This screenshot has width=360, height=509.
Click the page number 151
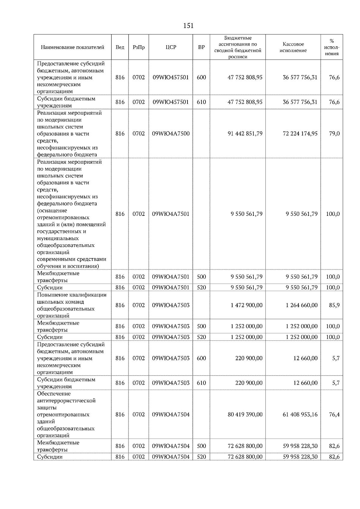(x=188, y=26)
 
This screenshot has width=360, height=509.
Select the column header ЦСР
(x=171, y=47)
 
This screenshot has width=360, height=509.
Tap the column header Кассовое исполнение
(x=293, y=47)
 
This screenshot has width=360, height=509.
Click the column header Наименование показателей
(x=73, y=47)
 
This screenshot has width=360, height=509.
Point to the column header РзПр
(x=139, y=47)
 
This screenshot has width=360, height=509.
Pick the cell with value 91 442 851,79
(x=245, y=134)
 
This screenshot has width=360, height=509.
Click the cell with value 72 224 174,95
(x=300, y=134)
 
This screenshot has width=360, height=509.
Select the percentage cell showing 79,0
(x=334, y=134)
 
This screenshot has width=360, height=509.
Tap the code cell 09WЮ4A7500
(x=171, y=134)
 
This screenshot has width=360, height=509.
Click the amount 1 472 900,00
(x=247, y=305)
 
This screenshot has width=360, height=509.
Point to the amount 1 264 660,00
(x=301, y=305)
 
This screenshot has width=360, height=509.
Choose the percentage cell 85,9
(x=334, y=305)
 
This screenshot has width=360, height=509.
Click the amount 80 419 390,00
(x=245, y=415)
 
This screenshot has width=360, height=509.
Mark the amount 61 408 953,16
(x=300, y=415)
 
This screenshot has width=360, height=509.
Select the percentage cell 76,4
(x=334, y=415)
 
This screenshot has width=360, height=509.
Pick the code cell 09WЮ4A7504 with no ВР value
(x=171, y=415)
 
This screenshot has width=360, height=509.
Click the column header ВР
(x=201, y=47)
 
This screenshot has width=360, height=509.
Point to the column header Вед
(x=120, y=47)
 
